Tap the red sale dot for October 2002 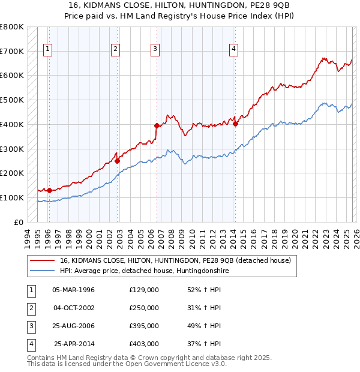coord(118,161)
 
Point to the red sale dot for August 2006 coord(157,125)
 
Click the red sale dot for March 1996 coord(49,190)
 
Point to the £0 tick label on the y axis coord(19,222)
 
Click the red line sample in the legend coord(43,260)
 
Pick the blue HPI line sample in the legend coord(43,271)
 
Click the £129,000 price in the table coord(144,290)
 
